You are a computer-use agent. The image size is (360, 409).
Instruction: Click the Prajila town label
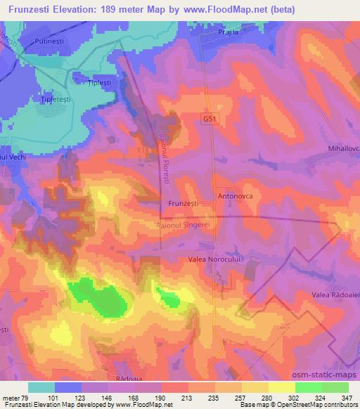(x=229, y=33)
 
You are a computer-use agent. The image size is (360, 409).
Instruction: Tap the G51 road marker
(x=210, y=119)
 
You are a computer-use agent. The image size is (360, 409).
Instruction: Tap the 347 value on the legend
(x=347, y=397)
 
